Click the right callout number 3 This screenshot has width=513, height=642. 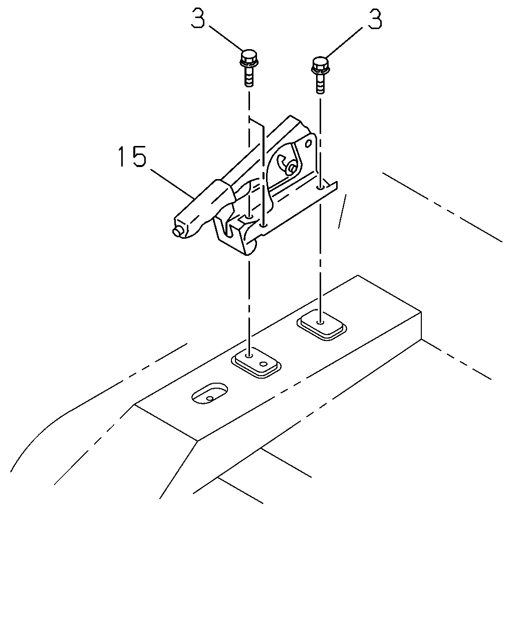tap(374, 18)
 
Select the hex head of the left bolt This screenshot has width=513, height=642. tap(249, 58)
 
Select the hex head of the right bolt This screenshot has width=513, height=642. tap(320, 65)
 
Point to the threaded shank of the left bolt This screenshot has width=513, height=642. tap(249, 76)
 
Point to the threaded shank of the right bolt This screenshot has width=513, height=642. tap(321, 83)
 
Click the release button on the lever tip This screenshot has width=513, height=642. tap(177, 232)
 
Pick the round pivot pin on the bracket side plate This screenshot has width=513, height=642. tap(292, 169)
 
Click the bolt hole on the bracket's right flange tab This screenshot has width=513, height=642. tap(321, 187)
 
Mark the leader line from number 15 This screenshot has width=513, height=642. tap(172, 183)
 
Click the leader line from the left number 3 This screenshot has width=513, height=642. tap(225, 39)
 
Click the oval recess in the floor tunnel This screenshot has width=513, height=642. tap(209, 393)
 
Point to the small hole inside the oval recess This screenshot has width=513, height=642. tap(210, 398)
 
